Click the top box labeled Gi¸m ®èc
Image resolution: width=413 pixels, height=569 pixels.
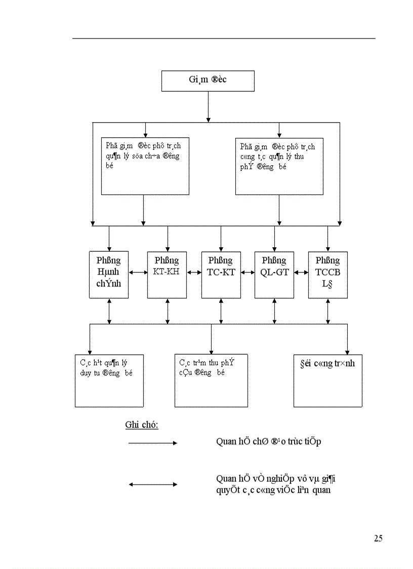click(x=208, y=81)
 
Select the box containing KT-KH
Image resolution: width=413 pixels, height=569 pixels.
click(x=167, y=275)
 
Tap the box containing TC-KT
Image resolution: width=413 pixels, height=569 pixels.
click(x=221, y=275)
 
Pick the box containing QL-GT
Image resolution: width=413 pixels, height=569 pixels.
click(x=274, y=275)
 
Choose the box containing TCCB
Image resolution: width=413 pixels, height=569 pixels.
click(x=327, y=275)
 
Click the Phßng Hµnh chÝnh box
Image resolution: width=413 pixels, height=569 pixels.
click(x=109, y=275)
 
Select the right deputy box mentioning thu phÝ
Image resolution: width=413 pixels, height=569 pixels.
click(x=279, y=166)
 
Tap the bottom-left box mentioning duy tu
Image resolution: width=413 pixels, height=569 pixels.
click(x=109, y=381)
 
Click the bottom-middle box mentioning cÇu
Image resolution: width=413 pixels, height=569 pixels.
click(x=211, y=381)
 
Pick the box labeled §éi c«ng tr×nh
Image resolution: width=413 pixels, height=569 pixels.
click(x=327, y=381)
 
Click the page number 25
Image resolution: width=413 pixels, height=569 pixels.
click(x=378, y=539)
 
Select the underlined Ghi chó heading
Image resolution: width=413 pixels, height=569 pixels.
click(x=142, y=425)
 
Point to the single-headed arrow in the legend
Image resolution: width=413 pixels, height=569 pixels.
click(x=153, y=443)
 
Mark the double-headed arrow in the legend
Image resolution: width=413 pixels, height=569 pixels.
click(x=153, y=484)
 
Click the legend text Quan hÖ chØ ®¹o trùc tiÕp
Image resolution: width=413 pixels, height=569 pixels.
click(x=268, y=441)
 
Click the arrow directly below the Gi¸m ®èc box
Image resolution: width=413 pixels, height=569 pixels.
click(x=208, y=106)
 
